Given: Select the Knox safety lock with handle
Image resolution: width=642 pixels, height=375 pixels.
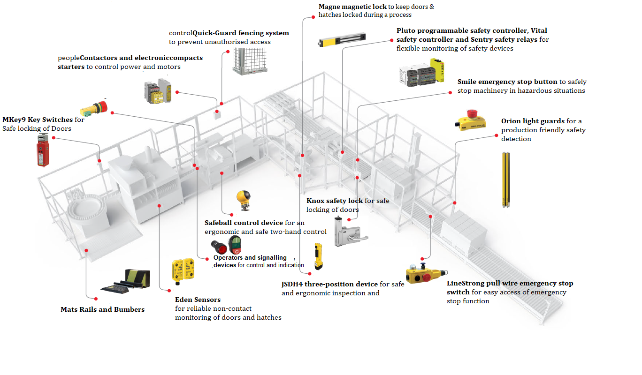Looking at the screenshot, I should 346,231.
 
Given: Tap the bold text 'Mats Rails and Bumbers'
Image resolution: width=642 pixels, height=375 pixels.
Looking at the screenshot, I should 102,309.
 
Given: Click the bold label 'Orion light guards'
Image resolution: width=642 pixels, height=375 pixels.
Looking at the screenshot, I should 533,121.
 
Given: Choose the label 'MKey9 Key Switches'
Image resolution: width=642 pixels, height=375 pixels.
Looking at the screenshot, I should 38,120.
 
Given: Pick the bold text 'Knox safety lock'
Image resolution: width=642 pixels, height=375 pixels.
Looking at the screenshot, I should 334,201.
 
